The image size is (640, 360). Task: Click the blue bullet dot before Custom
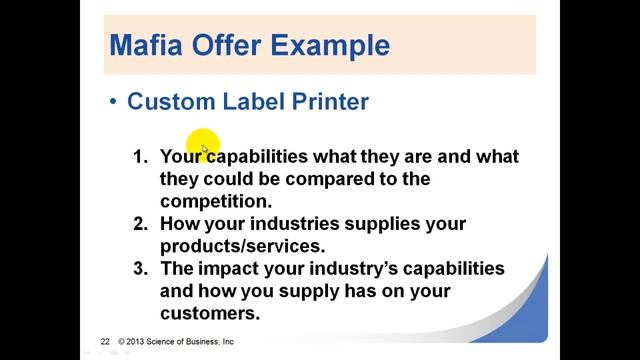pyautogui.click(x=114, y=101)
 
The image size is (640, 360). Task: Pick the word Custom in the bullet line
pyautogui.click(x=166, y=101)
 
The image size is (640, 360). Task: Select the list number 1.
pyautogui.click(x=140, y=157)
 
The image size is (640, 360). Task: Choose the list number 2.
pyautogui.click(x=140, y=224)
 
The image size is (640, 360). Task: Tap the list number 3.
pyautogui.click(x=140, y=269)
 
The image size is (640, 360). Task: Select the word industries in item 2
pyautogui.click(x=289, y=224)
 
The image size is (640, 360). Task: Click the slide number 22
pyautogui.click(x=105, y=341)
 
